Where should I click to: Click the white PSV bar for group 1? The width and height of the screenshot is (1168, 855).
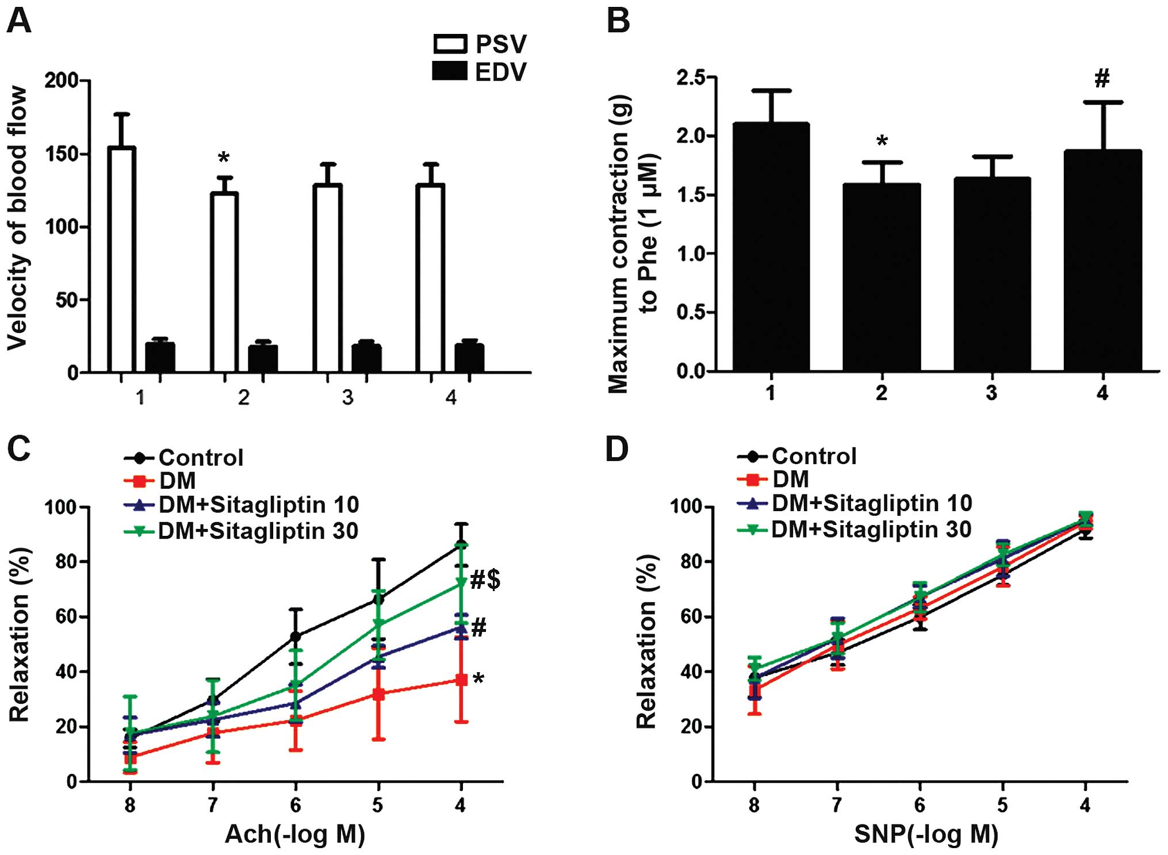[121, 259]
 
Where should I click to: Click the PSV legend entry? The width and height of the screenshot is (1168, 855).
[480, 44]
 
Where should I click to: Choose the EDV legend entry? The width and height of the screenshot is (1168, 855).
[480, 72]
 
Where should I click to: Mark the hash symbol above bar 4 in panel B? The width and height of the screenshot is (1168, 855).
[1102, 78]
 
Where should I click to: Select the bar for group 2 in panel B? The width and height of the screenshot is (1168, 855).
[882, 277]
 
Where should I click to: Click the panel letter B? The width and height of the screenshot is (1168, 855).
[618, 21]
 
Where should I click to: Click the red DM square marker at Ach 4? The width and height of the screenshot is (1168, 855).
[461, 680]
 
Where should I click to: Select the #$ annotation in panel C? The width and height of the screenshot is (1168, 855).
[485, 580]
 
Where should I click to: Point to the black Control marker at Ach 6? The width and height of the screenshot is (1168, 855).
[296, 637]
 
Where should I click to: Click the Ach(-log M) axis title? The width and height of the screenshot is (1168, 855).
[294, 834]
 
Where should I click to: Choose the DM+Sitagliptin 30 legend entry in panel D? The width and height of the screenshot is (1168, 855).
[854, 530]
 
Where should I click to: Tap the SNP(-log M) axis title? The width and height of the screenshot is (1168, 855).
[926, 834]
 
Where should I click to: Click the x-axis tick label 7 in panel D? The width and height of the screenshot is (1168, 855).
[837, 806]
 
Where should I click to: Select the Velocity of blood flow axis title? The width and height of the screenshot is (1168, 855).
[18, 218]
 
